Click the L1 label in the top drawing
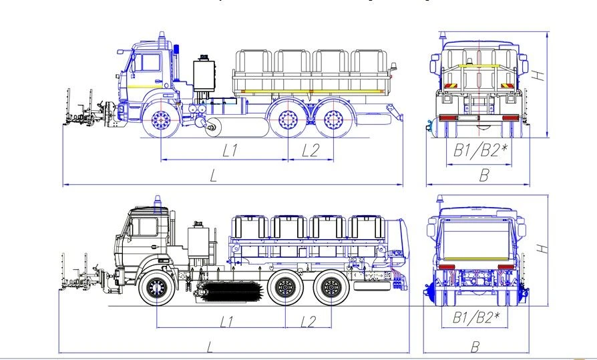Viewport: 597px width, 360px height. click(230, 151)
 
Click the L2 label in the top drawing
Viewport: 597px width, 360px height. click(310, 151)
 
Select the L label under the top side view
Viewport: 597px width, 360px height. click(213, 176)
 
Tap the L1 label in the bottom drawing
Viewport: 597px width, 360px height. click(227, 321)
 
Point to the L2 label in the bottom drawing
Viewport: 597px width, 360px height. click(308, 321)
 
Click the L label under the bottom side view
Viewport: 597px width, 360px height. click(210, 346)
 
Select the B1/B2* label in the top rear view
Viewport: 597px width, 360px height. click(481, 151)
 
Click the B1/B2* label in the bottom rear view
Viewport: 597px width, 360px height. click(476, 318)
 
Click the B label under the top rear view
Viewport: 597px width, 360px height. click(484, 176)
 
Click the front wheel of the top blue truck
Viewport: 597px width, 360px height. click(160, 120)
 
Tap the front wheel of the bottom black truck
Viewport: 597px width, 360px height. click(156, 289)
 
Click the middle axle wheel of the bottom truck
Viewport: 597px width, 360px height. click(286, 289)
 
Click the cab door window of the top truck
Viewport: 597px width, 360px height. click(148, 63)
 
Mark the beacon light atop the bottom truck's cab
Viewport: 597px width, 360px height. click(158, 200)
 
